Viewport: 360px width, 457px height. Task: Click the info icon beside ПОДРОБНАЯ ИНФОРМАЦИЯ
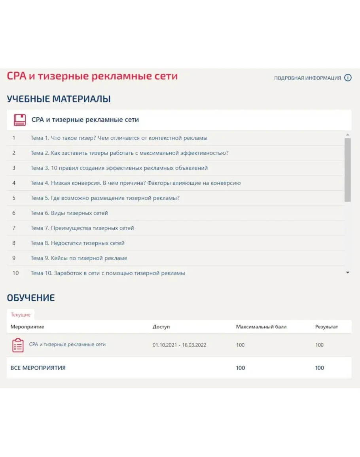point(348,78)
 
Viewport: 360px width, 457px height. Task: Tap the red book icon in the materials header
point(20,120)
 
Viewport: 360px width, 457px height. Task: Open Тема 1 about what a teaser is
point(119,138)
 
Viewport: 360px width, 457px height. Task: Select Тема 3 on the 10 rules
point(119,168)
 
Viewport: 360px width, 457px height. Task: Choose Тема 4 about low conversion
point(135,183)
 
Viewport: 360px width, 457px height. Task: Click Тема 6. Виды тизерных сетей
point(69,213)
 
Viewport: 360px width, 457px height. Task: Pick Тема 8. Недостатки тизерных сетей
point(78,243)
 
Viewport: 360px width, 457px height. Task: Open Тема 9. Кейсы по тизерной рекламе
point(79,258)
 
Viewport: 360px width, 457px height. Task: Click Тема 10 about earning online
point(108,273)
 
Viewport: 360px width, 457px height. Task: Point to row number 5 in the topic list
point(14,198)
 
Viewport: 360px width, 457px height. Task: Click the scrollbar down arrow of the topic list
point(348,273)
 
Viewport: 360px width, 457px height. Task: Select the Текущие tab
point(21,315)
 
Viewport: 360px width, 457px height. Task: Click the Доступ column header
point(161,327)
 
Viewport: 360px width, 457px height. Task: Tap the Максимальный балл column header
point(261,327)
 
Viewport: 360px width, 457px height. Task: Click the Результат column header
point(326,327)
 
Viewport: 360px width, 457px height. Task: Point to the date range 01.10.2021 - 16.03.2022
point(179,345)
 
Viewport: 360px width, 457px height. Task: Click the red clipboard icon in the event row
point(18,345)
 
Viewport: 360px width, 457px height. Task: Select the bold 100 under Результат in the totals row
point(319,368)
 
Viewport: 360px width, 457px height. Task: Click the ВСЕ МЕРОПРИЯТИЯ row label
point(38,368)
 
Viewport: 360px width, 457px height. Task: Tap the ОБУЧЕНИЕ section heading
point(31,298)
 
